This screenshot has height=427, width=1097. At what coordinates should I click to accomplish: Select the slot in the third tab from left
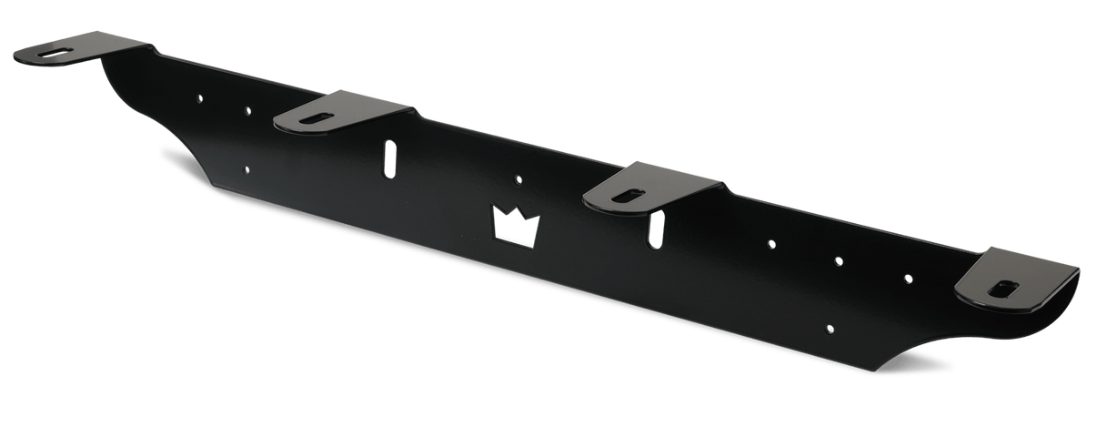click(630, 193)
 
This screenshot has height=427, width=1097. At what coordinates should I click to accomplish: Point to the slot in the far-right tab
click(1003, 289)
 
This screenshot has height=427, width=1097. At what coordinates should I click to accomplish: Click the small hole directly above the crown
click(518, 179)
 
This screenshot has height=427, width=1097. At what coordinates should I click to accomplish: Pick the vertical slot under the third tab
click(653, 229)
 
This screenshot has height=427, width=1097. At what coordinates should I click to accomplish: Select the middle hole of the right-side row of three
click(839, 259)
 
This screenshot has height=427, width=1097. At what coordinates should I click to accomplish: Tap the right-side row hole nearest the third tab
click(771, 244)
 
